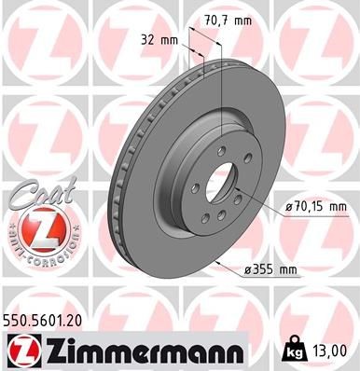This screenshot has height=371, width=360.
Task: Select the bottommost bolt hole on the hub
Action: tap(216, 211)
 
